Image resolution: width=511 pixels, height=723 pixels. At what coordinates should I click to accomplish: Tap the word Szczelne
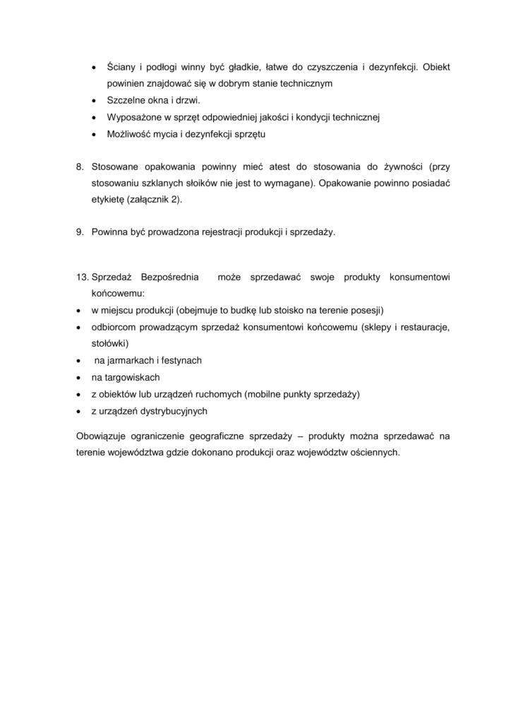coord(126,100)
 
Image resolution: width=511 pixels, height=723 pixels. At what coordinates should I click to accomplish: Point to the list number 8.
coord(80,167)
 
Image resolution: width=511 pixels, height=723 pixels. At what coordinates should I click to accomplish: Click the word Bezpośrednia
coord(170,276)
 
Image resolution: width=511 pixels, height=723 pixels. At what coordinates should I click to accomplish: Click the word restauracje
coord(424,327)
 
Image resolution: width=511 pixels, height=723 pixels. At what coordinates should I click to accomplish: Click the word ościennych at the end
coord(373,453)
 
